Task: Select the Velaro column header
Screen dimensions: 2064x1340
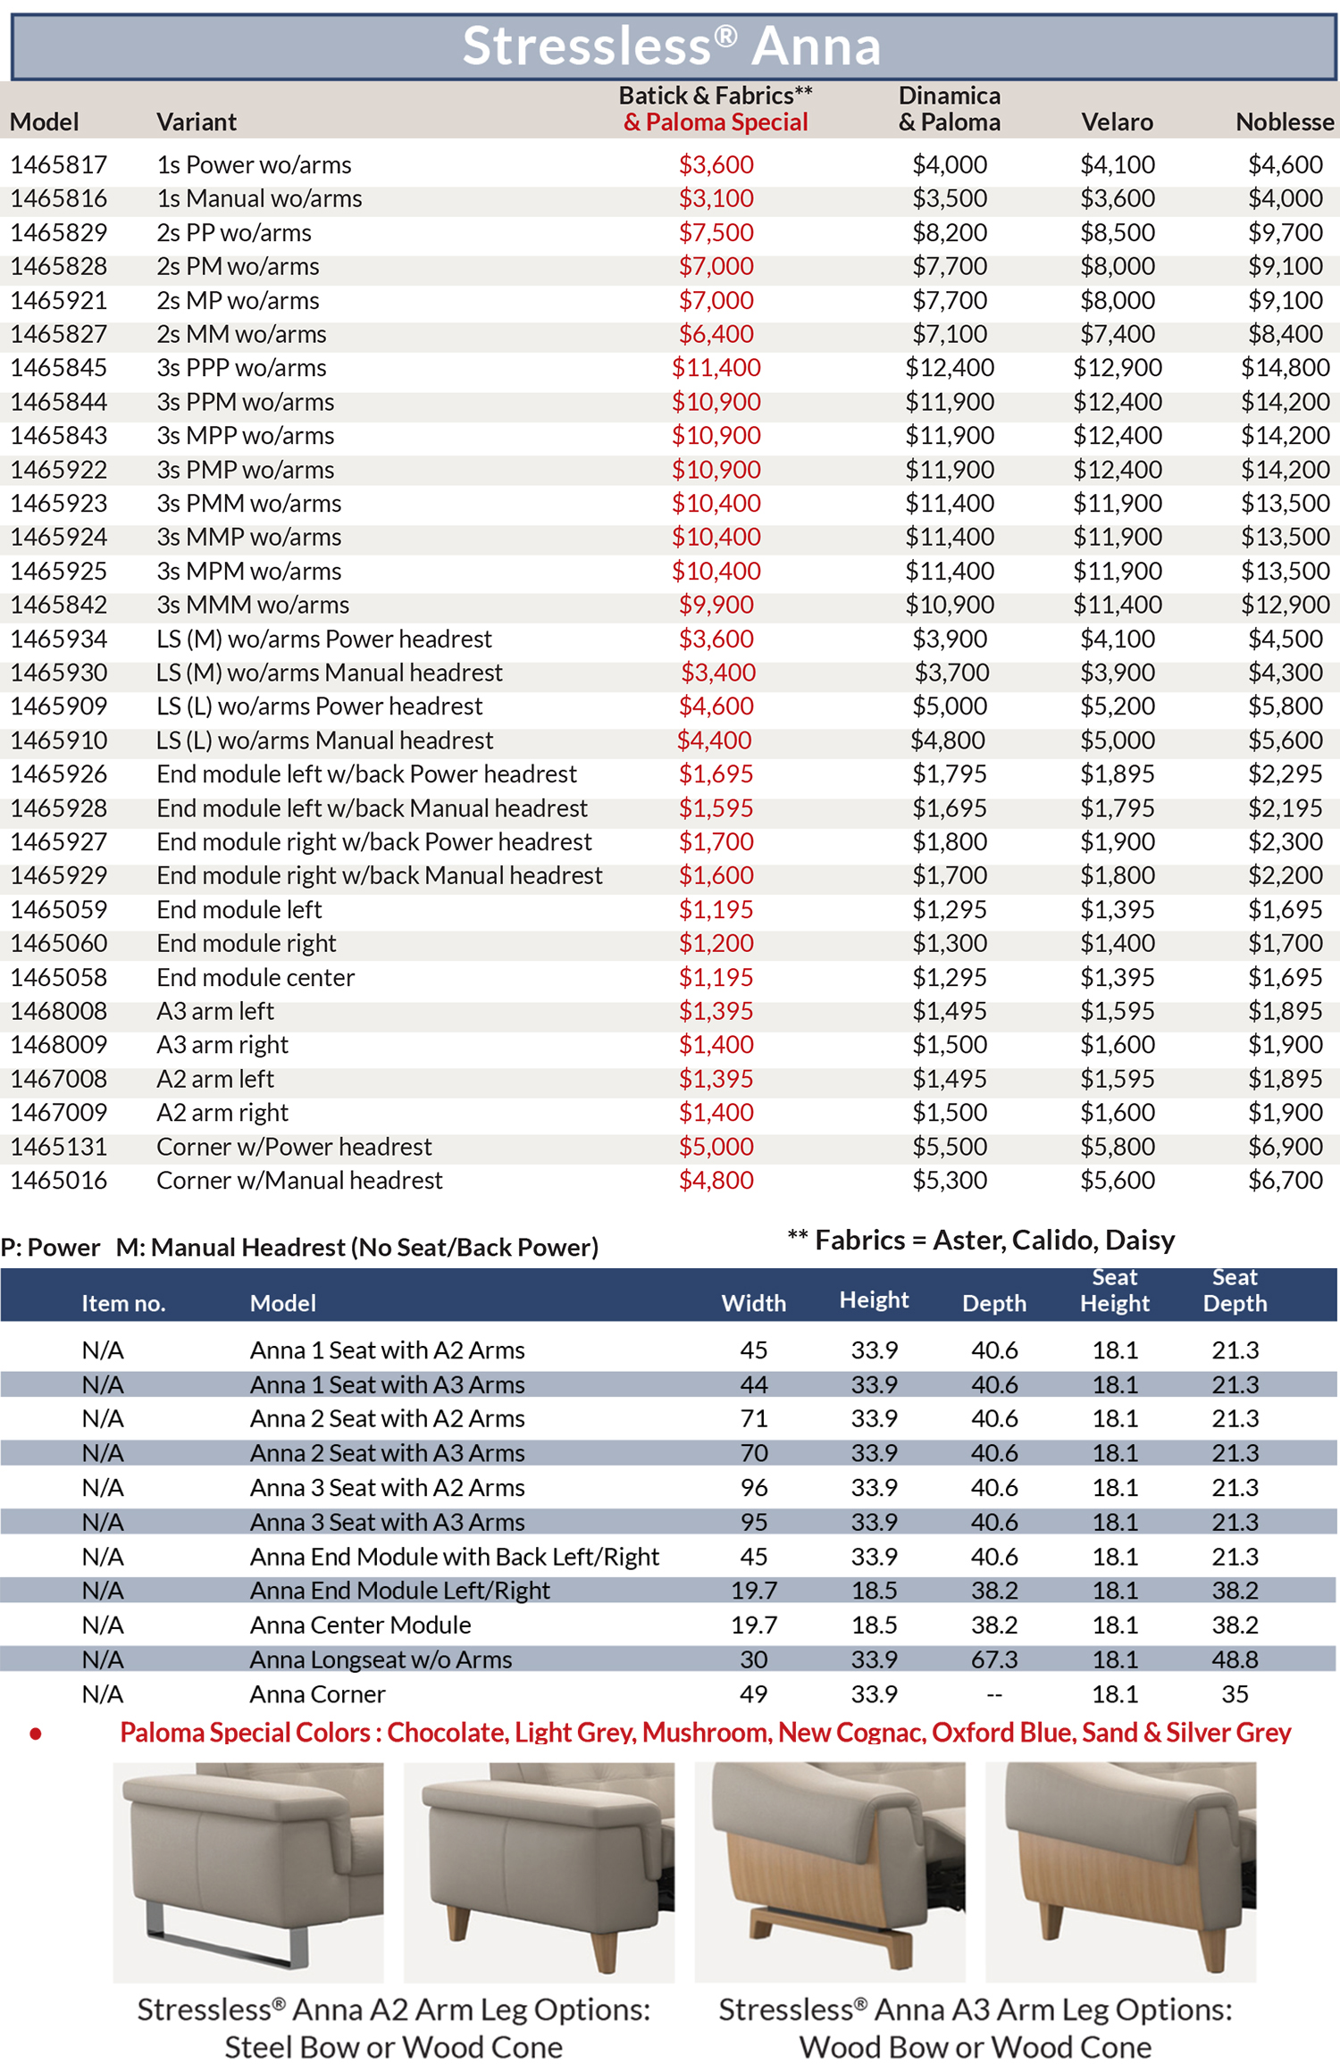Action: pos(1117,121)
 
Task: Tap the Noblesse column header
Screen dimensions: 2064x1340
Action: pos(1285,121)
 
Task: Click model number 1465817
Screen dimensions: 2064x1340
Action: pos(59,164)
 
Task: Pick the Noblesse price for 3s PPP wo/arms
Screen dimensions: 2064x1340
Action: pos(1285,367)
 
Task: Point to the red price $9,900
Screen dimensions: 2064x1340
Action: pos(716,605)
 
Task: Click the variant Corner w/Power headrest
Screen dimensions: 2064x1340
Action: pos(294,1146)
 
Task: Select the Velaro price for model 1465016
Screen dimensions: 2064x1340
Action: pos(1117,1180)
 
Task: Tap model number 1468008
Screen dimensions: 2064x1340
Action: pos(59,1011)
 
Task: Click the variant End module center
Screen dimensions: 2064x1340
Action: pos(255,977)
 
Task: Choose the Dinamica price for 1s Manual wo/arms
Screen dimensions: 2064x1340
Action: pos(949,198)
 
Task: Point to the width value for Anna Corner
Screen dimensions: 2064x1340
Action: pos(753,1693)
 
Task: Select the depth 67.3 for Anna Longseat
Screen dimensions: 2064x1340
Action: pos(994,1659)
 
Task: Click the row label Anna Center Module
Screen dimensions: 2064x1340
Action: pos(360,1625)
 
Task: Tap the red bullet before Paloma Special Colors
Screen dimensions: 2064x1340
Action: pos(36,1734)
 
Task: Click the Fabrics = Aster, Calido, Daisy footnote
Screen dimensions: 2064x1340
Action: pos(981,1240)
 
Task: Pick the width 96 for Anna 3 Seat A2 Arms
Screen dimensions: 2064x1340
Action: pos(753,1487)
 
